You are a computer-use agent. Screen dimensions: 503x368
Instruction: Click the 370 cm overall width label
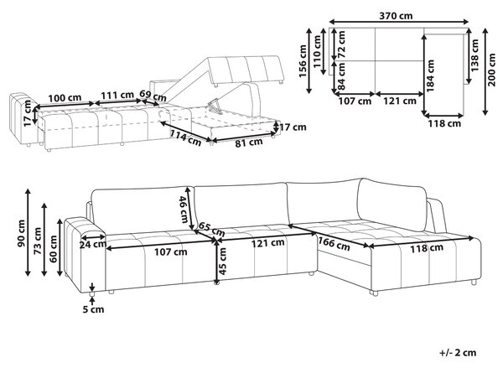click(396, 15)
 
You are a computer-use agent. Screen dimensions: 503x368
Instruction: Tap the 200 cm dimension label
click(492, 70)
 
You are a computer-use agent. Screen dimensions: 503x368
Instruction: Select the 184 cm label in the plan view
click(431, 75)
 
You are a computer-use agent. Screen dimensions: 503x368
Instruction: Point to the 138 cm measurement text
click(474, 54)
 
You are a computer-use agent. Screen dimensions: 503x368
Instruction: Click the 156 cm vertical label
click(303, 61)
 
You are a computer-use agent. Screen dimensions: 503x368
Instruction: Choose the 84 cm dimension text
click(341, 76)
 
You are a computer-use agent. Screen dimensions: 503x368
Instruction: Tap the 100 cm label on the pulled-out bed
click(65, 97)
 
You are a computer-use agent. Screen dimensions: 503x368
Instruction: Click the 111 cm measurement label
click(117, 95)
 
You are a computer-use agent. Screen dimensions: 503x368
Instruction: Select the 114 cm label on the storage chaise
click(185, 137)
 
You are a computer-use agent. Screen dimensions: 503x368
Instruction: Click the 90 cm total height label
click(21, 233)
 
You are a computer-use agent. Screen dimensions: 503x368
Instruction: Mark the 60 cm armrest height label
click(54, 249)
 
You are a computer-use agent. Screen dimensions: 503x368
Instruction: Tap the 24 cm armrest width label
click(93, 245)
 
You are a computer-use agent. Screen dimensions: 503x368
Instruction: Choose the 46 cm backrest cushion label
click(184, 210)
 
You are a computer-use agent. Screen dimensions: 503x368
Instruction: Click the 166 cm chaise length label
click(334, 243)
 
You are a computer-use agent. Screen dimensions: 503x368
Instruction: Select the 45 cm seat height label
click(222, 262)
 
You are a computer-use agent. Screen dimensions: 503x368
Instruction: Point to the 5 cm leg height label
click(93, 309)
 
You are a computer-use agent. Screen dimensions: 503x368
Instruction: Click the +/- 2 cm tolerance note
click(458, 353)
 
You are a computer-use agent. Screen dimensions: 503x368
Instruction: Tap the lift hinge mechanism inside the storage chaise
click(215, 107)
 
